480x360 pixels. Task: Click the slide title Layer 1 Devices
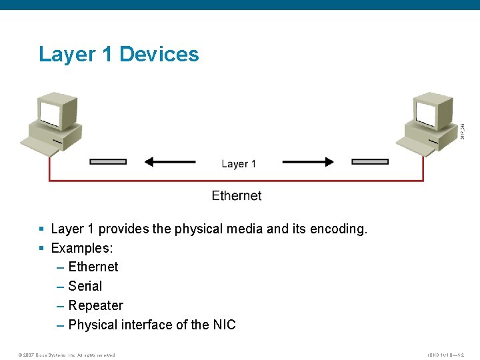119,54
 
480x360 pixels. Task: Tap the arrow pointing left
170,161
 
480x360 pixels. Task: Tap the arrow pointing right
308,161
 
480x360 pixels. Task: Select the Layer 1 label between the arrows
239,163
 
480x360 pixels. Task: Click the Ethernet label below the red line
237,195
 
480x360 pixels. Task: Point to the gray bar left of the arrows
107,161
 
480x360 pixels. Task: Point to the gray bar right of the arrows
370,161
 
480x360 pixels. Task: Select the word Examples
81,248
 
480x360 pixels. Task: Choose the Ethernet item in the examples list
93,267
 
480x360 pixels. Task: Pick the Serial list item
85,286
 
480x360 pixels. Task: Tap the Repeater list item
96,305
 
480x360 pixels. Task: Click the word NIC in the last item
225,325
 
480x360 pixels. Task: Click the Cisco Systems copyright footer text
67,355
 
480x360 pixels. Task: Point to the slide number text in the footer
446,355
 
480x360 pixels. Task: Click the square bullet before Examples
41,248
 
